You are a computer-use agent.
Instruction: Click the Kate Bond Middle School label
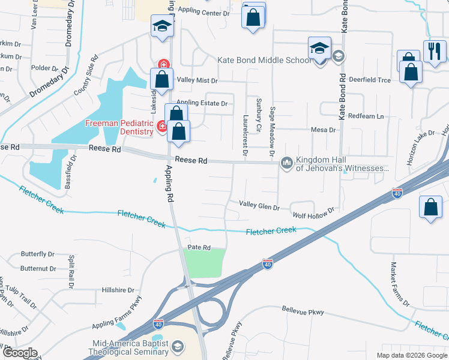pos(265,61)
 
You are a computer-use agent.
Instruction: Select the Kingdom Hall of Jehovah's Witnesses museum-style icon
pos(287,163)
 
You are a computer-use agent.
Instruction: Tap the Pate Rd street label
pos(199,247)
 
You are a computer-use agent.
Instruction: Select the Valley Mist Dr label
pos(197,80)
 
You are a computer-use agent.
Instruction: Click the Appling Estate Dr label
pos(202,103)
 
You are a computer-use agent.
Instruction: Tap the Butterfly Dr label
pos(38,254)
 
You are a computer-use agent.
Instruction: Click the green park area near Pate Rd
pos(204,263)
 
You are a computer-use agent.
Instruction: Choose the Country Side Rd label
pos(86,76)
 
